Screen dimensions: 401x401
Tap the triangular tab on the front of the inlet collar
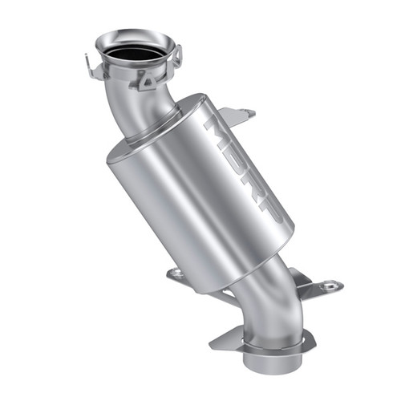tap(145, 79)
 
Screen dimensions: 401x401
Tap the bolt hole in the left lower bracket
tap(176, 273)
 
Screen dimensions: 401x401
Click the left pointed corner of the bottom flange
tap(215, 346)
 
